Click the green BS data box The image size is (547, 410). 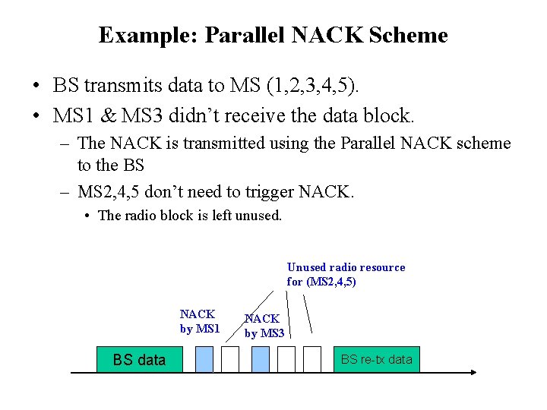click(139, 360)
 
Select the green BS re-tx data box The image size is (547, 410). click(376, 359)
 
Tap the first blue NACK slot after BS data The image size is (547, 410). click(204, 359)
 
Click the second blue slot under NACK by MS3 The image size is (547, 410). click(259, 359)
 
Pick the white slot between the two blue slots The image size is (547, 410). click(232, 359)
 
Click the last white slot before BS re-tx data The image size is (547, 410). click(312, 359)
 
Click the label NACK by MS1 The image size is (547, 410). click(199, 321)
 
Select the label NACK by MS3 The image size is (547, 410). click(263, 326)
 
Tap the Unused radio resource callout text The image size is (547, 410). click(346, 274)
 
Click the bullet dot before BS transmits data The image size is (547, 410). click(36, 87)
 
